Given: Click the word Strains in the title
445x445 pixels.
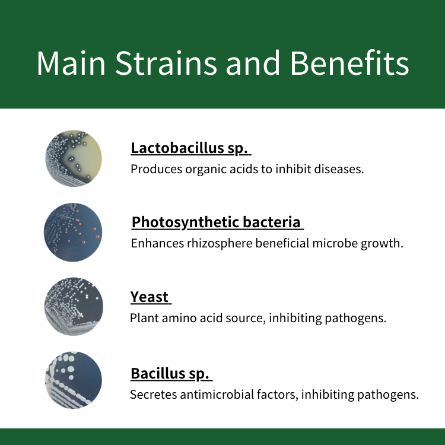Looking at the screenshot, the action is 166,63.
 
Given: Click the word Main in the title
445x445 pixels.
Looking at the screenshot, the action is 71,63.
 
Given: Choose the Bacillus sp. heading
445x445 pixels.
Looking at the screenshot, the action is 170,373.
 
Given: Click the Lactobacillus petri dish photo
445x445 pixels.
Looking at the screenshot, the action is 74,158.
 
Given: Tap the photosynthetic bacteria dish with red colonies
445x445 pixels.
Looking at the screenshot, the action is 73,232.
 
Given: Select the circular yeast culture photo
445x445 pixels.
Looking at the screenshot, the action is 74,307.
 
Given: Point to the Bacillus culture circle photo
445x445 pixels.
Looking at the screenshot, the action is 74,380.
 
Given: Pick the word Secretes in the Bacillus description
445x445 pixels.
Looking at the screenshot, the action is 153,395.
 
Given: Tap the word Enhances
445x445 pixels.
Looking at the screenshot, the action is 157,243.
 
